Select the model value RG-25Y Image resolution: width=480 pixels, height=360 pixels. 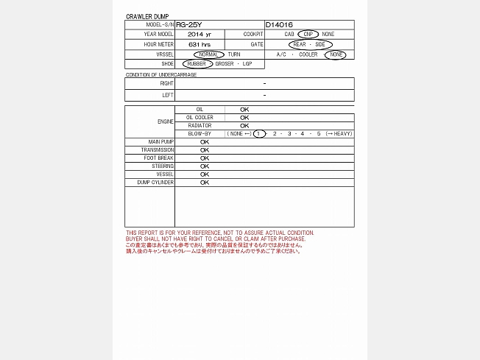point(189,24)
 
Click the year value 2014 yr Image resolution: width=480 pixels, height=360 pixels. point(199,34)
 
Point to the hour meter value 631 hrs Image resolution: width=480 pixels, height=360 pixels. point(199,44)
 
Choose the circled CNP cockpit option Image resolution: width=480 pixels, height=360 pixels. point(309,34)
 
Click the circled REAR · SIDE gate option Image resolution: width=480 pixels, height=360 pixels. point(311,44)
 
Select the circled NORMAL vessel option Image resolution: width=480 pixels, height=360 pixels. point(209,54)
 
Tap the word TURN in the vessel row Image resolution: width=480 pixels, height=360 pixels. point(234,54)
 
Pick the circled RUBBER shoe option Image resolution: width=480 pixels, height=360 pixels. point(197,64)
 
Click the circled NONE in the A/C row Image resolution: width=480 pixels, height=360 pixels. point(336,54)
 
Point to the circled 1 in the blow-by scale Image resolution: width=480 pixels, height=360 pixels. point(258,133)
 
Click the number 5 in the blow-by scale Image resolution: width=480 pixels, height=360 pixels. point(319,133)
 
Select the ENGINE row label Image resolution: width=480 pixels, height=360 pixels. point(166,121)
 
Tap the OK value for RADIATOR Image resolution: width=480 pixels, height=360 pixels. point(244,125)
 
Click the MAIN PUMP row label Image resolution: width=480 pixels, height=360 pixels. point(161,141)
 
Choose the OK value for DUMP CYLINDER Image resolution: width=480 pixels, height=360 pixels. point(205,182)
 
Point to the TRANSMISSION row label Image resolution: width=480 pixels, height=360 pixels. point(159,149)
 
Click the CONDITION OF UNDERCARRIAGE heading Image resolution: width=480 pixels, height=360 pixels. point(161,74)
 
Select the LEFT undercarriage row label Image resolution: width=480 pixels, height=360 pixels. point(168,95)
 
